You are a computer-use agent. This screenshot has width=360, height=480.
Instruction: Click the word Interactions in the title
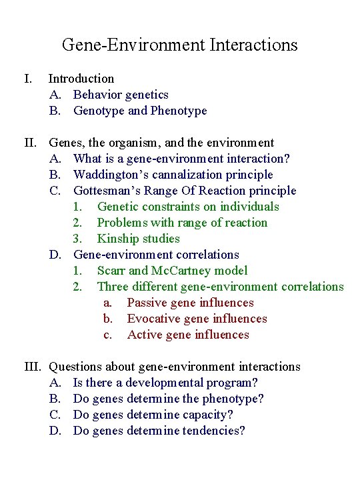point(253,45)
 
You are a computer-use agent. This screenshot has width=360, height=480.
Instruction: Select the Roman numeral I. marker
point(28,79)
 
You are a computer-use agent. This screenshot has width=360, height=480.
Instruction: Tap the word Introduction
point(81,79)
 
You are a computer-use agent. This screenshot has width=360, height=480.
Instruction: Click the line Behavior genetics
point(121,95)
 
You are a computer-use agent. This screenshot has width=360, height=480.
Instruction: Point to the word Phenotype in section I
point(179,111)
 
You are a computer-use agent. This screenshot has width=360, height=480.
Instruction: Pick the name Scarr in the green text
point(111,271)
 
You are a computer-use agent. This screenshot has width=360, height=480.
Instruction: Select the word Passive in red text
point(148,303)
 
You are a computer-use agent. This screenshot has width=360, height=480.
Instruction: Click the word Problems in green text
point(122,223)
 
